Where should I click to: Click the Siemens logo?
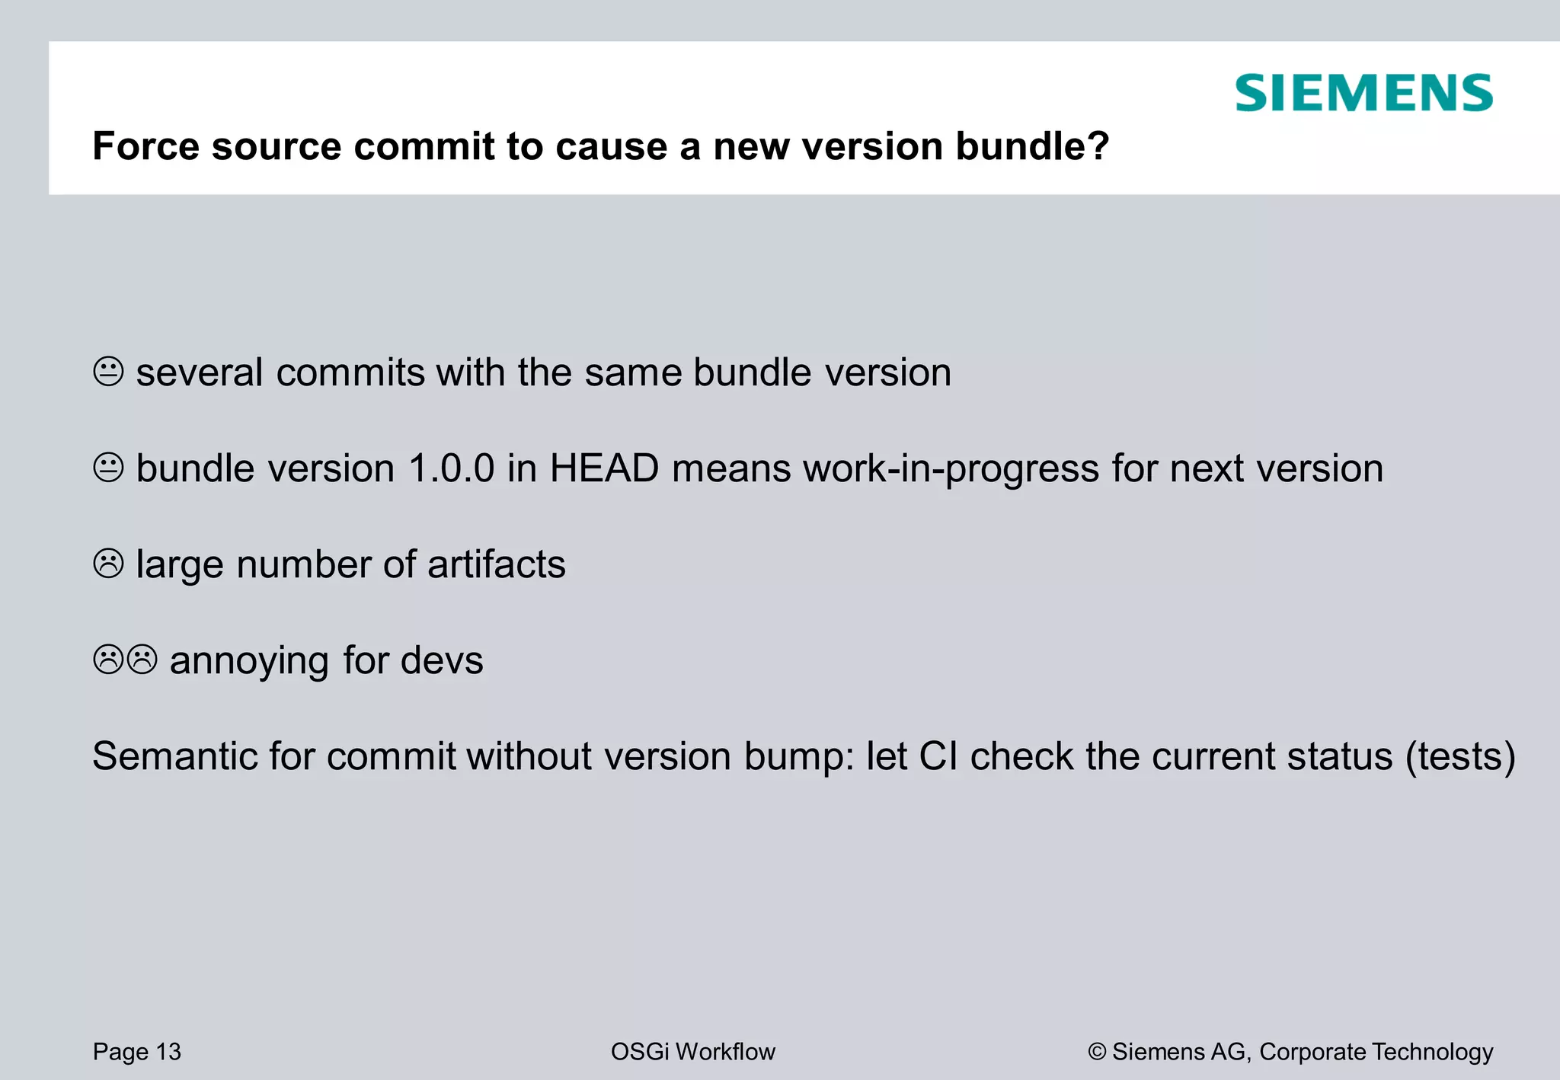coord(1363,93)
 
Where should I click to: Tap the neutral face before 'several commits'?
coord(108,372)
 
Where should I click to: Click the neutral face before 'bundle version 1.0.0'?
coord(108,468)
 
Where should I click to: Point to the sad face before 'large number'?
coord(108,564)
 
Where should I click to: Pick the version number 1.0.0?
coord(452,468)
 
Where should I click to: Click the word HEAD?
coord(604,468)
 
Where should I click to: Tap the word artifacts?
coord(497,564)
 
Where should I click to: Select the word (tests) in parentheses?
coord(1460,757)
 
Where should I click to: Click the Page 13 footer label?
coord(137,1052)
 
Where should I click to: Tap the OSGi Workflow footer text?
coord(692,1052)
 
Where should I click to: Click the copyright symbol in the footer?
coord(1097,1052)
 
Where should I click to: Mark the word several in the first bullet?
coord(200,372)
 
